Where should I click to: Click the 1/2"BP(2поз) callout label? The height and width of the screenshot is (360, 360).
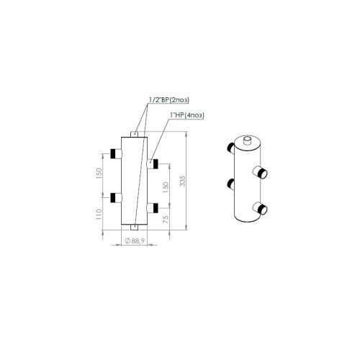pos(169,100)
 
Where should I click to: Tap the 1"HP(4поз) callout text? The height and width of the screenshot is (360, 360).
pos(187,115)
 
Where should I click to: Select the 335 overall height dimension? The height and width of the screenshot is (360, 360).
pos(183,181)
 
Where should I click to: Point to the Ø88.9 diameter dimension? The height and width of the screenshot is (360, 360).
pos(135,240)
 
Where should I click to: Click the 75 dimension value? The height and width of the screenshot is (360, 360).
pos(166,220)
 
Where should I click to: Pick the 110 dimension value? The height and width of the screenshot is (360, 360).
pos(99,214)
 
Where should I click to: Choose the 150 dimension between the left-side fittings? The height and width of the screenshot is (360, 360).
pos(99,174)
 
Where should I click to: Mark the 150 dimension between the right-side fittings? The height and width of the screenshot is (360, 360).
pos(166,187)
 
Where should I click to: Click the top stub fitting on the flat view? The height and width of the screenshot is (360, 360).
pos(135,134)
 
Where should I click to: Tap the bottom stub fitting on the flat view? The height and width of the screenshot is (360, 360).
pos(135,228)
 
